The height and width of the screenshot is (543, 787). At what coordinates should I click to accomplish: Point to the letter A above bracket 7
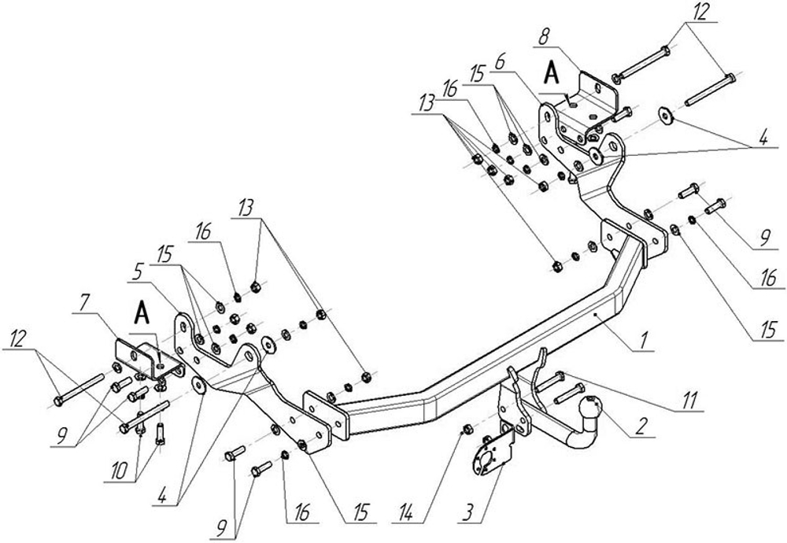click(x=142, y=312)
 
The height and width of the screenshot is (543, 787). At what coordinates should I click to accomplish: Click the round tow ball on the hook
click(x=591, y=410)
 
